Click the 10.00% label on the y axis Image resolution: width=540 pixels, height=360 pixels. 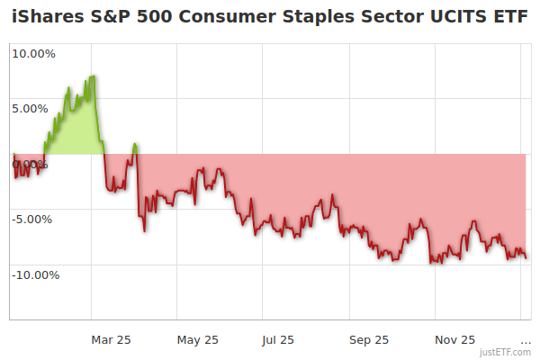(33, 53)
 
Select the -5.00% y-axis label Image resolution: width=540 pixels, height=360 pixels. (34, 219)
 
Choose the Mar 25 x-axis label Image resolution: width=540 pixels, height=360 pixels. (112, 340)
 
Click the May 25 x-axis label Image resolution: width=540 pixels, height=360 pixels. (198, 340)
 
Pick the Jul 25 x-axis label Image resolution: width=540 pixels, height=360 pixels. (277, 340)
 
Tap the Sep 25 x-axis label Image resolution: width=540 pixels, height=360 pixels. (369, 340)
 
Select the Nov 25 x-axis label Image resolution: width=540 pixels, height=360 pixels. (455, 340)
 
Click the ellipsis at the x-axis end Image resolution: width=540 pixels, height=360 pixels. (526, 340)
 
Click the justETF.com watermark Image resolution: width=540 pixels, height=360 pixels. (506, 353)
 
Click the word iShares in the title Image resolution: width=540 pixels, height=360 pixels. (45, 17)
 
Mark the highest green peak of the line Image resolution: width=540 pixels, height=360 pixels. (93, 76)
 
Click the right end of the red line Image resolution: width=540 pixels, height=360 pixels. (526, 258)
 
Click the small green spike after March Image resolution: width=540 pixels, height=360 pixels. (134, 144)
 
